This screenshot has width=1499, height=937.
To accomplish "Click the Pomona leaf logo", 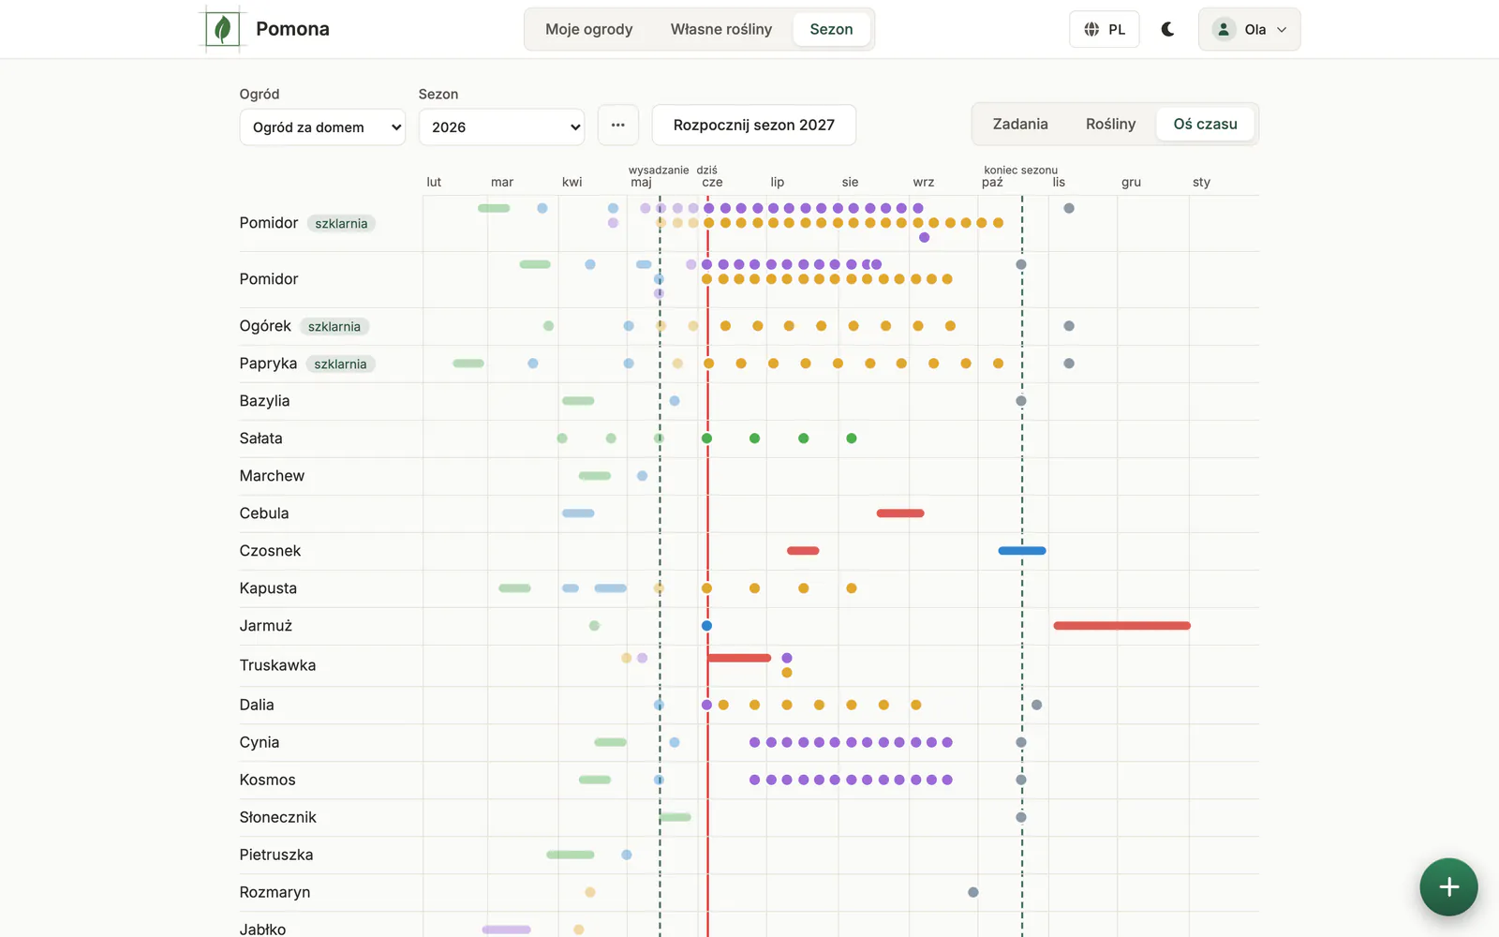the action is point(222,29).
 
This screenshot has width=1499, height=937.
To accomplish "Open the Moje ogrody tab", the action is point(589,29).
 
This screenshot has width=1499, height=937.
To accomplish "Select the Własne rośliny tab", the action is point(721,29).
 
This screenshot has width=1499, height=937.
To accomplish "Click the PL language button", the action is point(1105,29).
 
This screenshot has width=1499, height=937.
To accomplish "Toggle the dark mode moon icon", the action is point(1167,29).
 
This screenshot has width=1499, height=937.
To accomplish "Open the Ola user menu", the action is point(1250,29).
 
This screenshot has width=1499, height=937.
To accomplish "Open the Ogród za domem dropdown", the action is point(322,127).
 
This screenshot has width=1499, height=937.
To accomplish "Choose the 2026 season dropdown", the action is point(502,127).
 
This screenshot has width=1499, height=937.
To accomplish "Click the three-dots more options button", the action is point(617,126).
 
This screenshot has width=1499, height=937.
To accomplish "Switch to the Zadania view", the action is point(1020,124).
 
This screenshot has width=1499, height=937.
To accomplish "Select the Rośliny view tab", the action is point(1111,124).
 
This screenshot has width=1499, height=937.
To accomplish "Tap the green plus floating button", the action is point(1448,886).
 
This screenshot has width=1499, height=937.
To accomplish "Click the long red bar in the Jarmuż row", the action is point(1122,626).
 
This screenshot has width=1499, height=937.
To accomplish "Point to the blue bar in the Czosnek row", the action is point(1022,551).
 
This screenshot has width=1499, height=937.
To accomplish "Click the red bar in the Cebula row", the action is point(900,513).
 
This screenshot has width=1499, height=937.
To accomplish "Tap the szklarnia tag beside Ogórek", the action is point(334,327).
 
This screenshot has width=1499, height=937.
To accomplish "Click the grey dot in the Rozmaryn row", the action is point(973,892).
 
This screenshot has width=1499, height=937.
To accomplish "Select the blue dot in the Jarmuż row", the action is point(706,626).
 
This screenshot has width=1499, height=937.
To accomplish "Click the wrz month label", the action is point(924,182).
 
